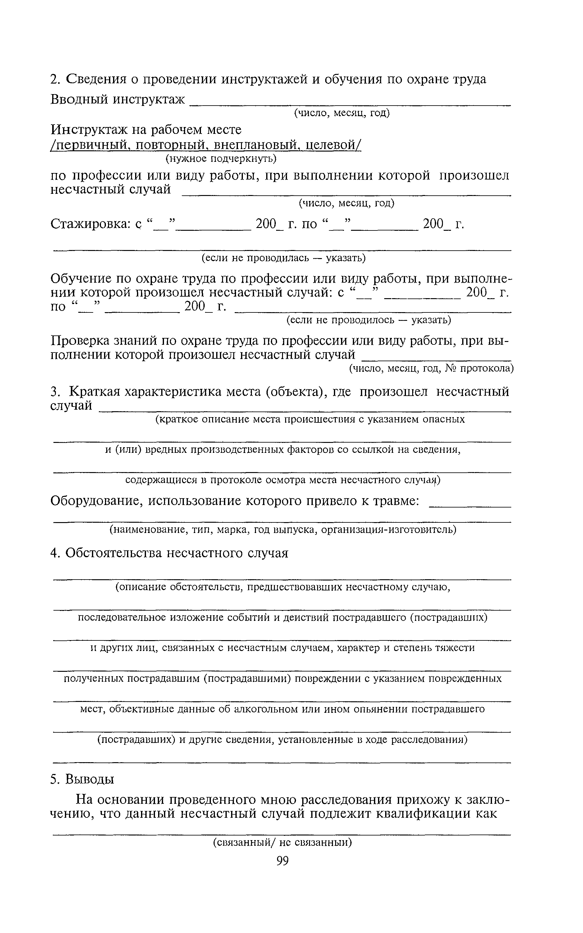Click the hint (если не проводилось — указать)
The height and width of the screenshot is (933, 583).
click(369, 320)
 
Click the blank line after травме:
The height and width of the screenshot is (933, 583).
click(470, 505)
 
